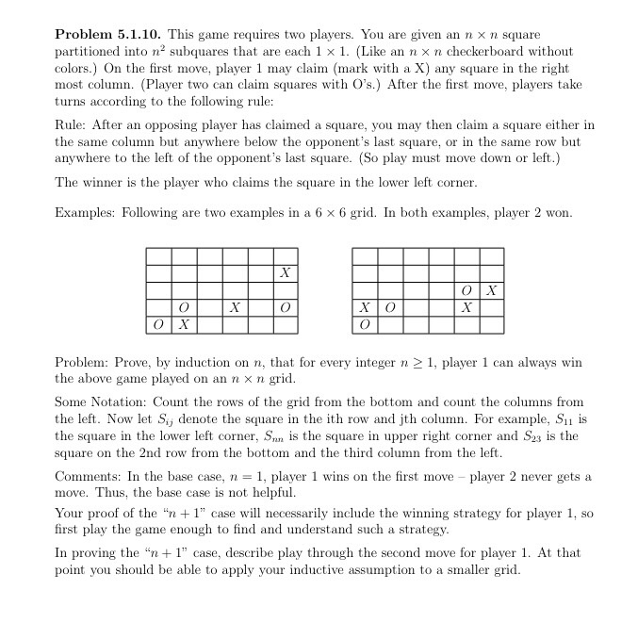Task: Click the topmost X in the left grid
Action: (285, 273)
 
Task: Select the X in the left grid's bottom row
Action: (185, 325)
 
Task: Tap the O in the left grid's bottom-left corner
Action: (159, 325)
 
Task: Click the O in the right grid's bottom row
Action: (364, 325)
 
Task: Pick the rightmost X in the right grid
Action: (491, 290)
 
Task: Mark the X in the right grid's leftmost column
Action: (364, 308)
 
